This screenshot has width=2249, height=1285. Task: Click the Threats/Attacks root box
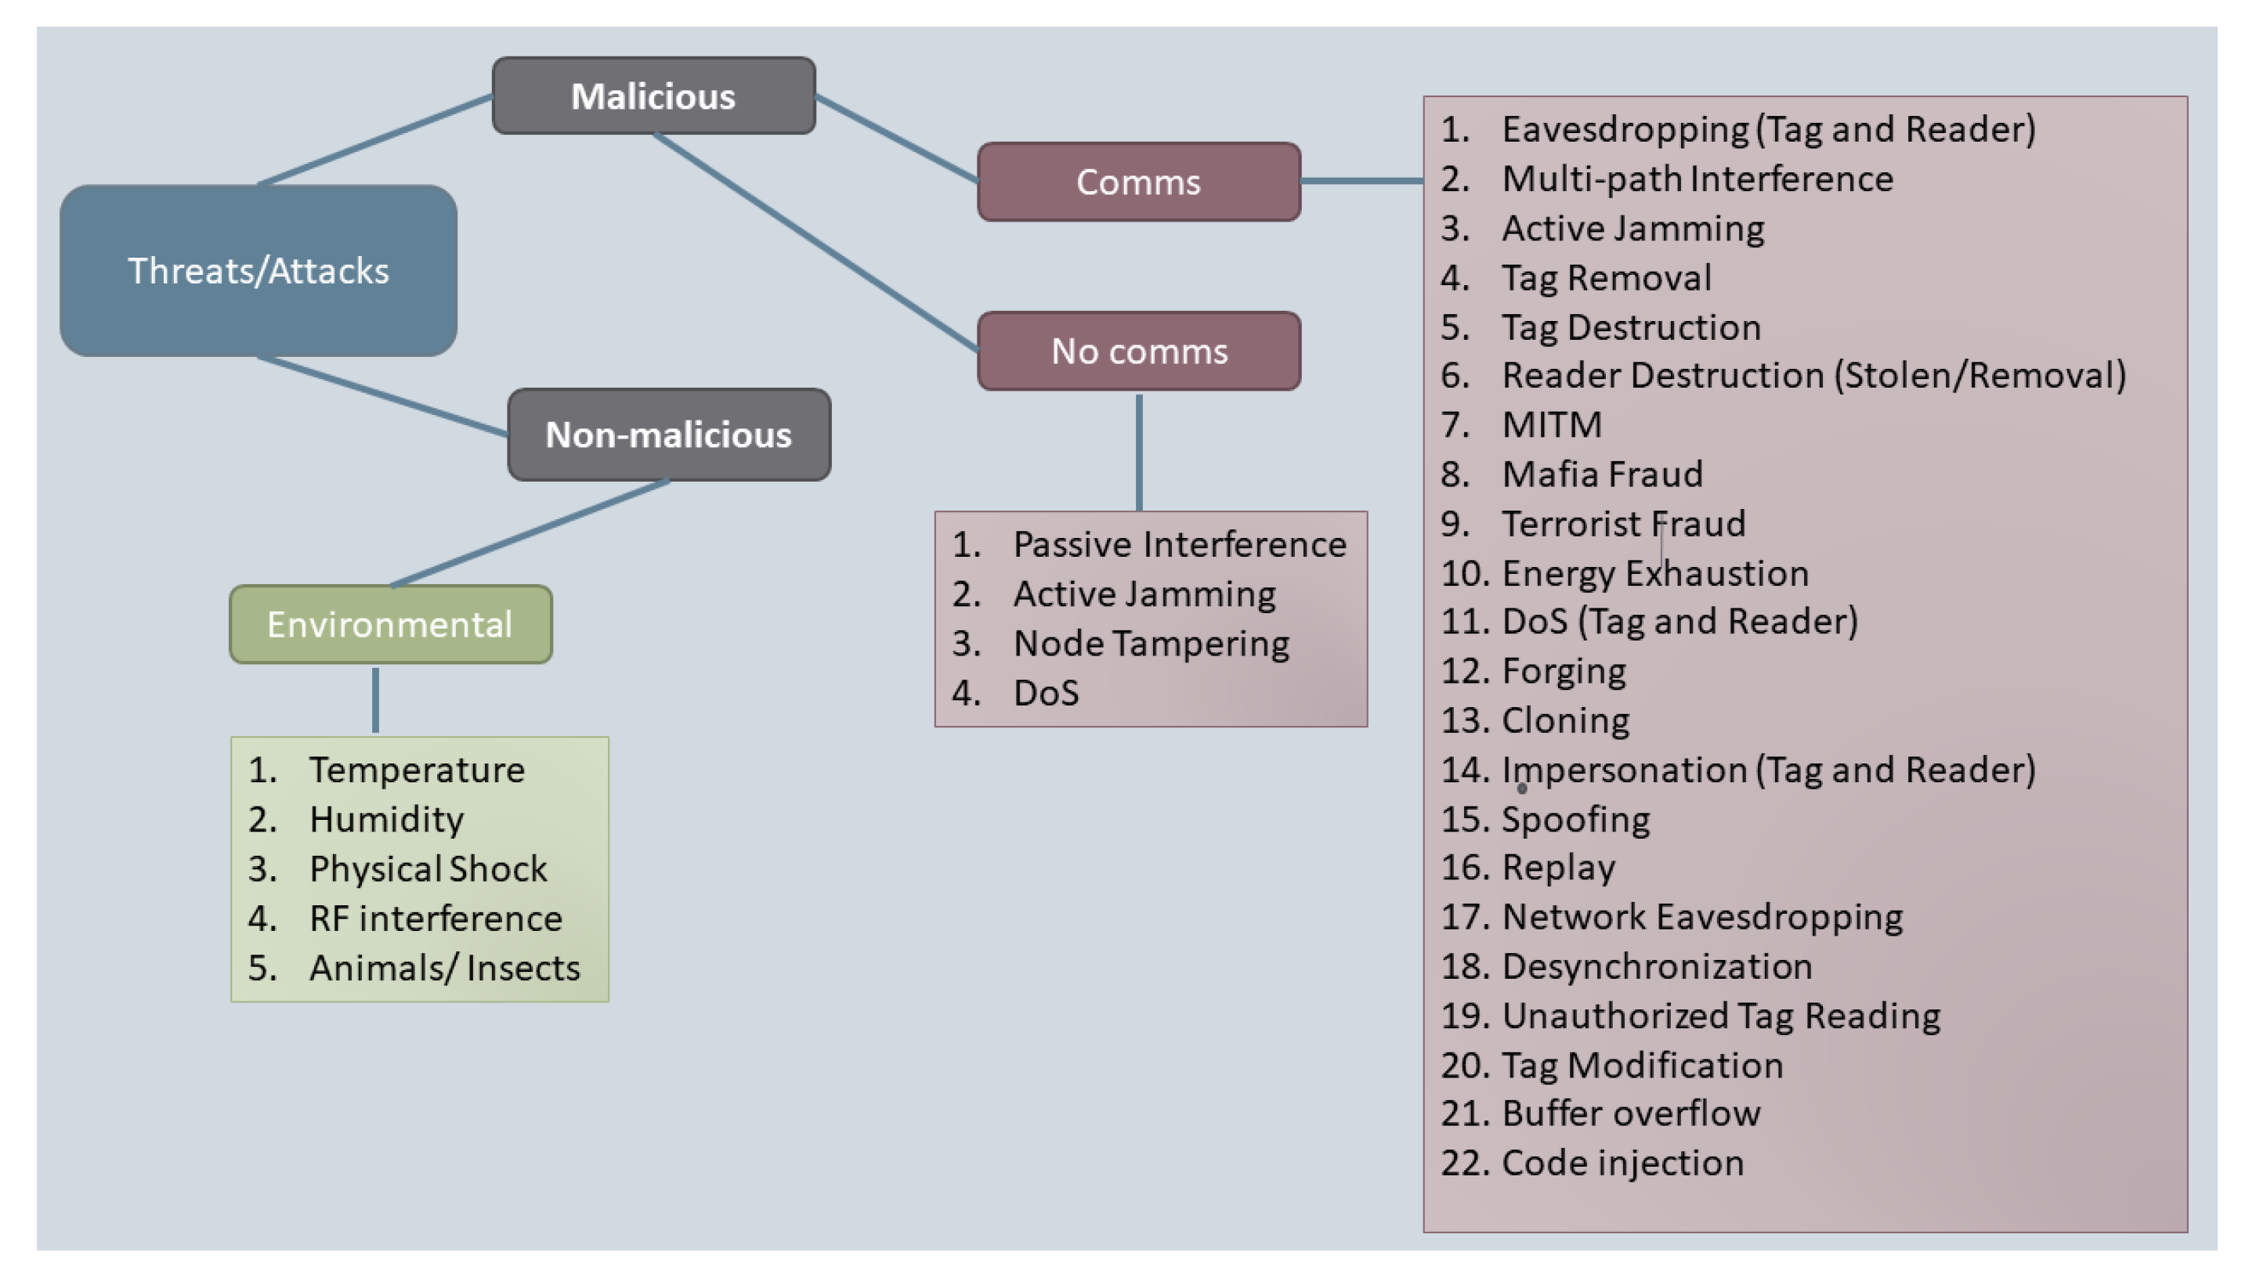click(x=258, y=271)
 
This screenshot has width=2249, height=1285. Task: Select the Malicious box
click(x=653, y=96)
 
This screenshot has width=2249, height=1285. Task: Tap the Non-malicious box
click(x=668, y=435)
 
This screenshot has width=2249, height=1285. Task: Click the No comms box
click(x=1139, y=352)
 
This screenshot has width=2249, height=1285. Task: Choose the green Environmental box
click(x=390, y=625)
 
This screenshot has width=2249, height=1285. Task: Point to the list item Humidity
click(x=387, y=820)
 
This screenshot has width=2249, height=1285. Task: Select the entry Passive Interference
click(x=1179, y=544)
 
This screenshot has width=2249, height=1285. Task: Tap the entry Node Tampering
click(x=1151, y=644)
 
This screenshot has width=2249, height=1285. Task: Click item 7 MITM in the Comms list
click(x=1552, y=425)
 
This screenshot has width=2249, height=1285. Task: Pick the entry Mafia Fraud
click(x=1602, y=475)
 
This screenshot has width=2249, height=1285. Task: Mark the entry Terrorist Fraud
click(x=1623, y=524)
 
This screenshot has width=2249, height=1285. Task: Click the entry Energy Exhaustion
click(x=1655, y=574)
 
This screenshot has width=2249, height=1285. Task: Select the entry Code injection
click(x=1622, y=1163)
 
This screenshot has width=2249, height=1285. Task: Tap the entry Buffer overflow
click(x=1630, y=1114)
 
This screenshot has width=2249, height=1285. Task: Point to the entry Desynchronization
click(x=1657, y=966)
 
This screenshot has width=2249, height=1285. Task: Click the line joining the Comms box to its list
click(x=1361, y=181)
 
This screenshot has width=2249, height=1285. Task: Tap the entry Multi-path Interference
click(x=1698, y=179)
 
